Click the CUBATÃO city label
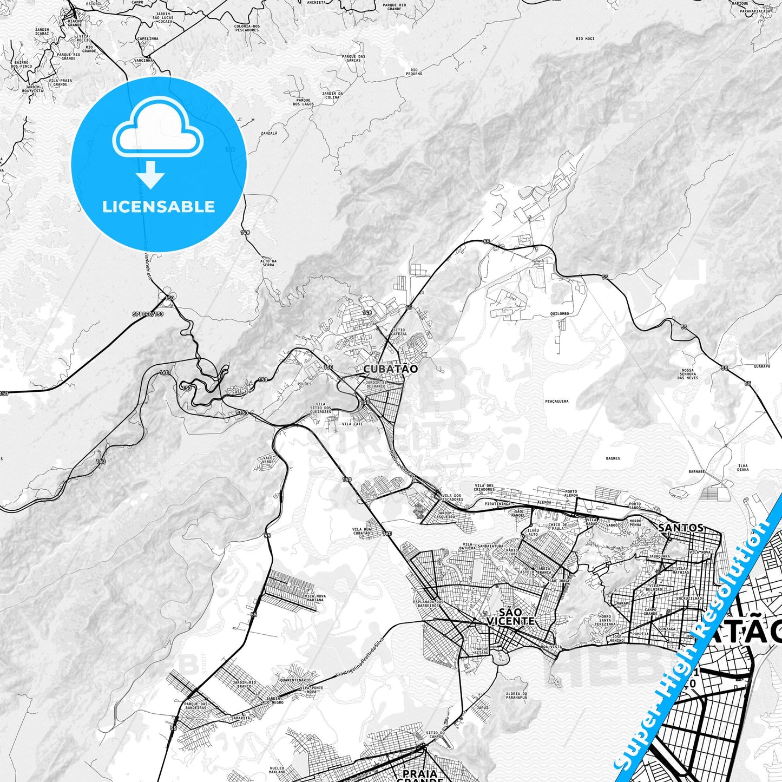coord(390,369)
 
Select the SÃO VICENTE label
coord(510,617)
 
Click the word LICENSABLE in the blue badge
coord(159,207)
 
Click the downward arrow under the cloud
coord(150,175)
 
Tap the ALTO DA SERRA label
coord(268,264)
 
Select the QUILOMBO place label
coord(559,313)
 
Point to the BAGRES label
coord(613,458)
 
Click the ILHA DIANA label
coord(742,468)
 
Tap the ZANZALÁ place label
coord(269,133)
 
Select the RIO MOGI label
coord(585,39)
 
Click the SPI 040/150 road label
coord(148,314)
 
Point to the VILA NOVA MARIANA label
coord(315,598)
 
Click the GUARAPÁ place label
coord(761,366)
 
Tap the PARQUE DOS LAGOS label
coord(303,102)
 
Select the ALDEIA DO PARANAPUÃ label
coord(516,695)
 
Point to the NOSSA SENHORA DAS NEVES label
coord(689,374)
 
